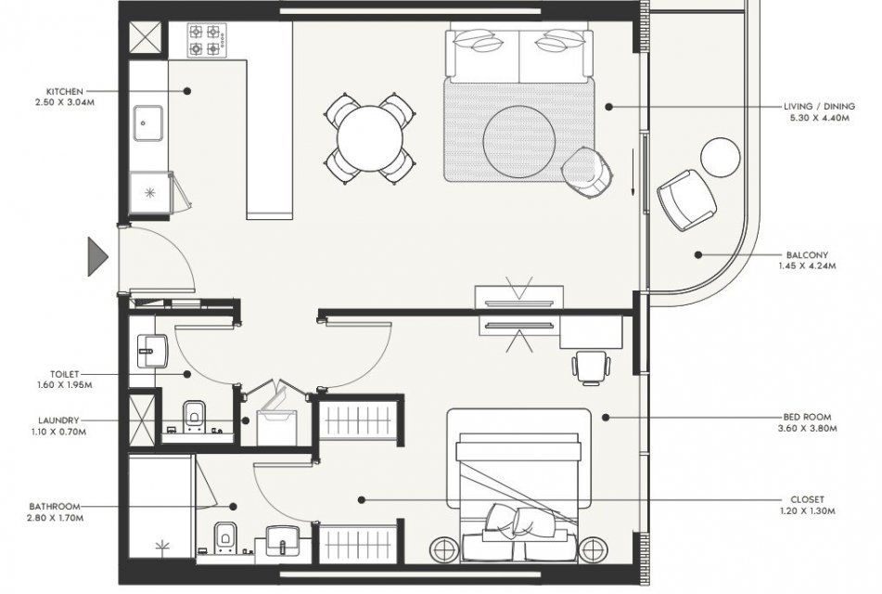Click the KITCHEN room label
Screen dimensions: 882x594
(x=65, y=91)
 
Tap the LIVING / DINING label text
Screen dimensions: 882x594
(x=819, y=106)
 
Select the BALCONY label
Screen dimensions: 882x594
(x=807, y=255)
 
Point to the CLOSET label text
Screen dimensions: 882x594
(x=807, y=499)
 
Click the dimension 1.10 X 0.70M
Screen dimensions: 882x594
(x=59, y=432)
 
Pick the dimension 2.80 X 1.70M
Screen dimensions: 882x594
(x=55, y=518)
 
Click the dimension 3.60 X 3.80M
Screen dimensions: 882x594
(x=807, y=429)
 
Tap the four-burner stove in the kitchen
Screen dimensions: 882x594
(x=207, y=40)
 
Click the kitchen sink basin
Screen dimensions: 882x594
(x=148, y=123)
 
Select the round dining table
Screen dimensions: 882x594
(x=370, y=138)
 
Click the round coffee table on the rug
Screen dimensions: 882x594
(x=519, y=141)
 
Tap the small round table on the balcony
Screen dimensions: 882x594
(x=720, y=157)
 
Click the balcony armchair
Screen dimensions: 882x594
(x=687, y=200)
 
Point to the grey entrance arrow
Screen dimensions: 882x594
(x=97, y=257)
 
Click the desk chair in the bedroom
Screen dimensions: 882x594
(x=591, y=368)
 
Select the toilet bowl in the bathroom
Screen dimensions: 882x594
(x=225, y=537)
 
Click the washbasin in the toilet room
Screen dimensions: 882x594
(x=152, y=351)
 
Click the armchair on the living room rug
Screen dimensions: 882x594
(x=587, y=173)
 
